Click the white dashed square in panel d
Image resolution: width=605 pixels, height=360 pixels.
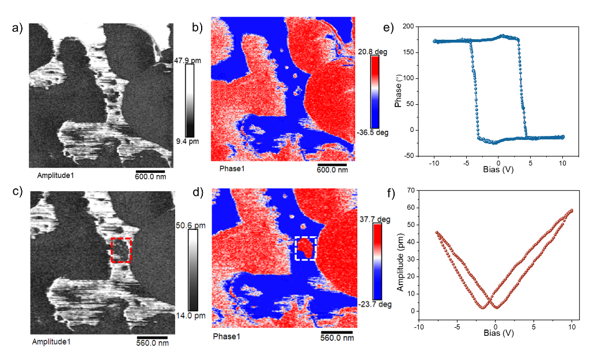coord(305,248)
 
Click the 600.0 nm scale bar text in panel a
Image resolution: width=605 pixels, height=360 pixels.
coord(150,177)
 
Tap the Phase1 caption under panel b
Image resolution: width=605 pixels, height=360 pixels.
coord(232,169)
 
